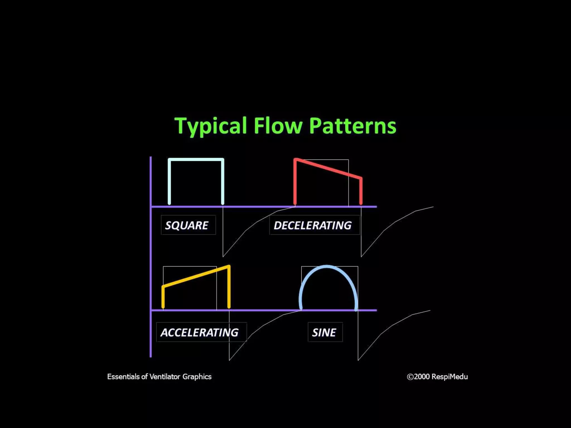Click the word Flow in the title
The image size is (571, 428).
278,126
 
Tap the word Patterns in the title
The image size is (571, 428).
352,126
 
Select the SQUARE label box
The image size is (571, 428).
188,225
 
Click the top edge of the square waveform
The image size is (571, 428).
196,160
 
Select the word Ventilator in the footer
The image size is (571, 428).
165,377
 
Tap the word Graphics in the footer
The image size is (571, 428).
197,377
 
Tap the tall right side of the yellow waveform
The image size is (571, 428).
229,287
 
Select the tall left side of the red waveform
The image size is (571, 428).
295,183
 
